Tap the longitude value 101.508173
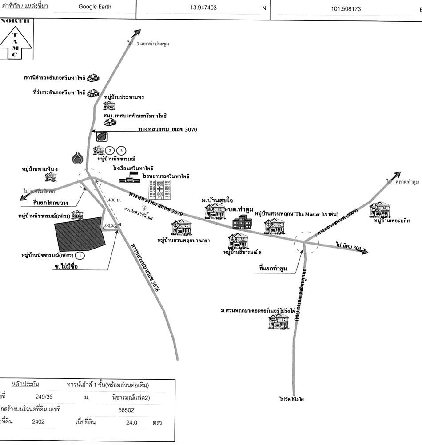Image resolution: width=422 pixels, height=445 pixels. tap(346, 8)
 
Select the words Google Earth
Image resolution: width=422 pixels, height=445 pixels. tap(95, 7)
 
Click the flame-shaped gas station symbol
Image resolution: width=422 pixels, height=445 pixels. tap(78, 158)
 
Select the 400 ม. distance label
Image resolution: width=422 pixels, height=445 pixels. tap(113, 200)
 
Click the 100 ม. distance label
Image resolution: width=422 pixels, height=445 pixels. tap(108, 225)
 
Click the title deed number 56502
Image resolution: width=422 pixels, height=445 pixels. tap(127, 410)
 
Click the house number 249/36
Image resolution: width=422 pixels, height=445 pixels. tap(44, 397)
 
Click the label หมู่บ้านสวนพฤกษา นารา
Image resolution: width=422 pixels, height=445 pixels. tap(183, 241)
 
